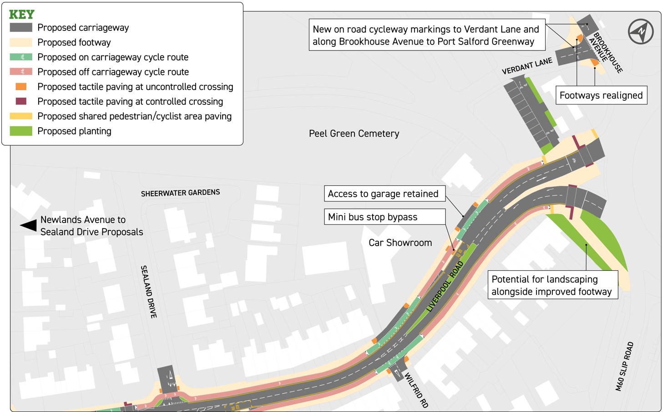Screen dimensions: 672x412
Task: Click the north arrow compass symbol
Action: click(x=641, y=31)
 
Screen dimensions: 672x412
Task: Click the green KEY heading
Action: click(x=21, y=15)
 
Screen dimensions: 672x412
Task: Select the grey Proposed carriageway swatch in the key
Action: click(x=20, y=28)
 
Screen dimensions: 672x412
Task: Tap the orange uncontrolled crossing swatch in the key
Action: click(x=21, y=86)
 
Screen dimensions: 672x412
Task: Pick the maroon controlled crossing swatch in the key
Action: click(x=21, y=101)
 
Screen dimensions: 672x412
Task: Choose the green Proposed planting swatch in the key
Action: click(x=20, y=131)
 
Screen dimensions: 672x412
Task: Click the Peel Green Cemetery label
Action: click(x=354, y=134)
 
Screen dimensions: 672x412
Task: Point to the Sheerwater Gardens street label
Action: click(x=180, y=193)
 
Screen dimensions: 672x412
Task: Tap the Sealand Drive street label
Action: click(x=149, y=292)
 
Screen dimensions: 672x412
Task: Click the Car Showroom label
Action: click(x=400, y=243)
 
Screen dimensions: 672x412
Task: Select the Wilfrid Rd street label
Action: click(x=416, y=390)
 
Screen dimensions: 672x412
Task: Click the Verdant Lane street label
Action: click(x=527, y=66)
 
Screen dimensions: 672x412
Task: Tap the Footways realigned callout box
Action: click(x=601, y=95)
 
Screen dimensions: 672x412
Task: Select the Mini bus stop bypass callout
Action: click(x=384, y=217)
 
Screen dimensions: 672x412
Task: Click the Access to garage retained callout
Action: click(x=384, y=194)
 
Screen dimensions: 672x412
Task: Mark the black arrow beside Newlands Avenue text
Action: click(x=28, y=225)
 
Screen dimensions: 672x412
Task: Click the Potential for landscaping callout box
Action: click(x=553, y=285)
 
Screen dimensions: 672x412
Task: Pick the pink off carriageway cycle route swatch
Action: click(x=20, y=72)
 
